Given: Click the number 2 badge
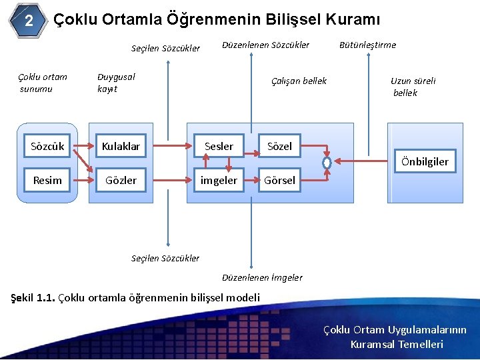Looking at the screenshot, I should (29, 21).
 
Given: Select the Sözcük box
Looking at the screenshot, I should (47, 146).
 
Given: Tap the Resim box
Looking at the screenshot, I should (47, 180).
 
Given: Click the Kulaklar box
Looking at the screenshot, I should (121, 146).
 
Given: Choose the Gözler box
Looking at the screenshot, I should (121, 180).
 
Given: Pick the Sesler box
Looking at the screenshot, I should (219, 146).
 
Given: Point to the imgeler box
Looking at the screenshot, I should (219, 180).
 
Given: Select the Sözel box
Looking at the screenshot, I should (279, 146).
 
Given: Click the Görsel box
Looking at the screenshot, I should (279, 180).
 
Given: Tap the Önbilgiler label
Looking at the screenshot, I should (425, 161).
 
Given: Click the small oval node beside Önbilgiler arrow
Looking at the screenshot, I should (327, 162).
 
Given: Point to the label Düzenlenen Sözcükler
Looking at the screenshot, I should (265, 45).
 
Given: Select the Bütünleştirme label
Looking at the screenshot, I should (367, 45).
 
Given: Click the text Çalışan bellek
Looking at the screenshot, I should (299, 81).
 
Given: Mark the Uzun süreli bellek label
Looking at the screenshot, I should (413, 87).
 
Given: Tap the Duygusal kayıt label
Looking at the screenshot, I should (116, 83).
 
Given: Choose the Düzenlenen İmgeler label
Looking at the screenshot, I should (262, 277).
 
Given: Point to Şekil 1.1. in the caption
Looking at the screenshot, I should (34, 297).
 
